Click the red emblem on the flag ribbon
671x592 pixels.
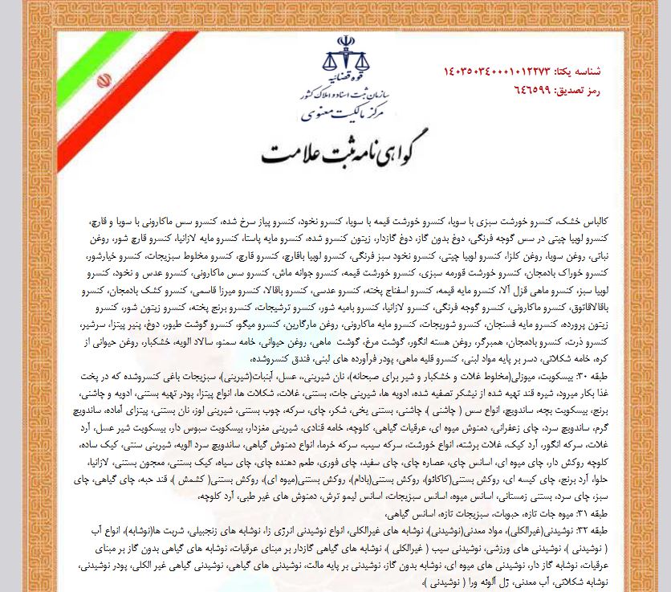pos(104,80)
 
